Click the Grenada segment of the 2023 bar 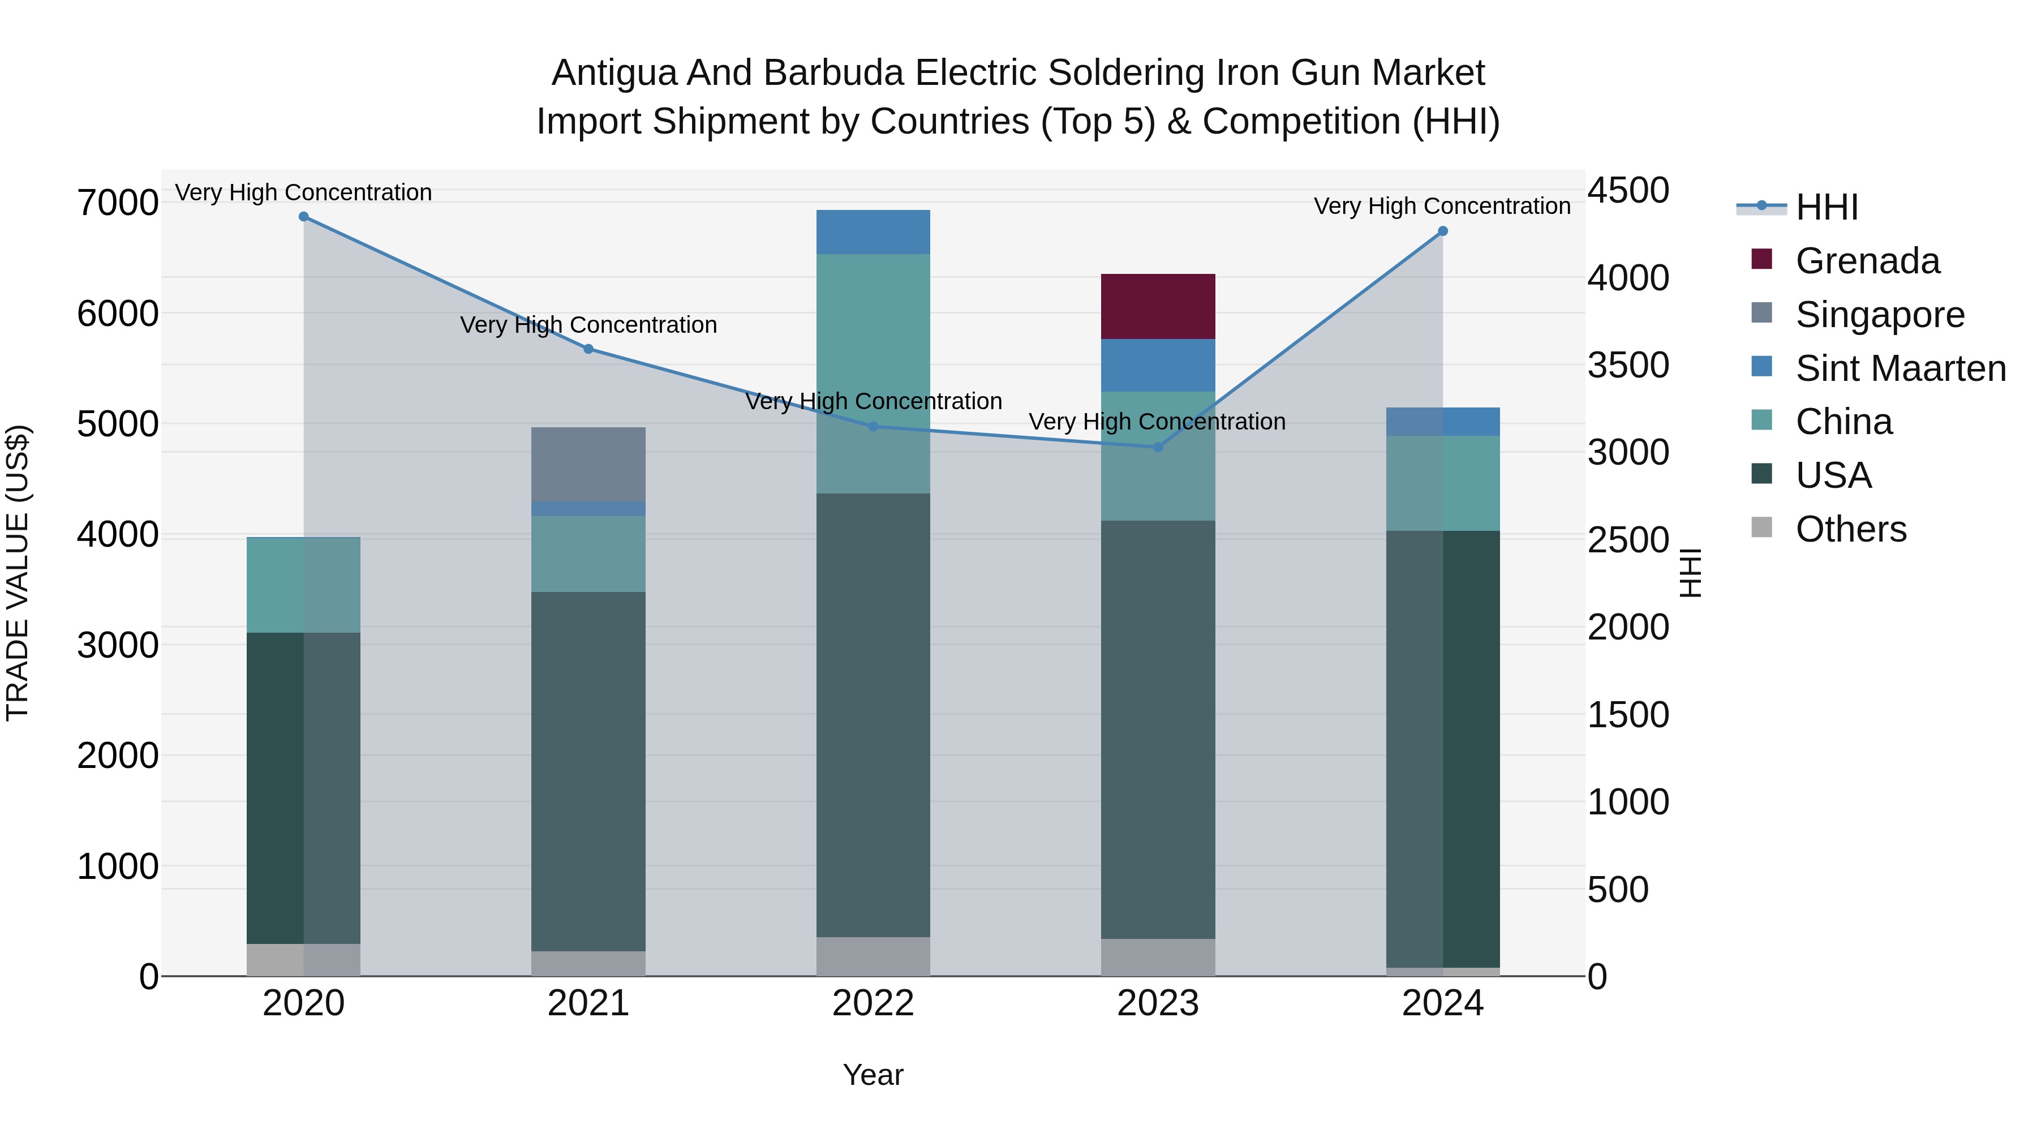point(1158,306)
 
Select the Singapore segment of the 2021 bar point(588,463)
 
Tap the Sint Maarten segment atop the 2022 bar point(873,231)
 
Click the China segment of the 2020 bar point(304,585)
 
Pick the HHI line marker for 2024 point(1442,231)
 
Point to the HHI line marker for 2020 point(304,216)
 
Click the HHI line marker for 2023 point(1158,447)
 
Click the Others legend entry point(1850,529)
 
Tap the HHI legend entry point(1826,207)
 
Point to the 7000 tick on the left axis point(117,203)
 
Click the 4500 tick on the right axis point(1628,191)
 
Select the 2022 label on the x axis point(873,1003)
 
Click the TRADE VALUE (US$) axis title point(18,573)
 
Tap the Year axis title point(873,1075)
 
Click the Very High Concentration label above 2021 point(588,325)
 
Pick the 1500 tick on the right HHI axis point(1628,715)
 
